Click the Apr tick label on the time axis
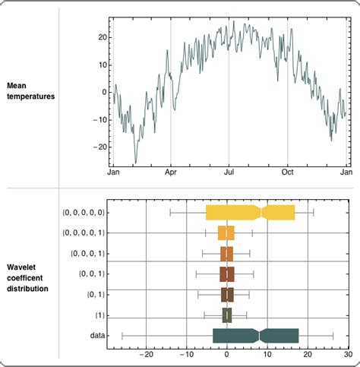click(x=170, y=173)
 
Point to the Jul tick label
click(x=229, y=173)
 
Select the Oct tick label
click(x=288, y=173)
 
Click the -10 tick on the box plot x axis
click(x=186, y=353)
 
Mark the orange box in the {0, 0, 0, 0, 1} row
click(x=226, y=233)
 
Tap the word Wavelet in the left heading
click(x=21, y=267)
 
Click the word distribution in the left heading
click(x=27, y=289)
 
